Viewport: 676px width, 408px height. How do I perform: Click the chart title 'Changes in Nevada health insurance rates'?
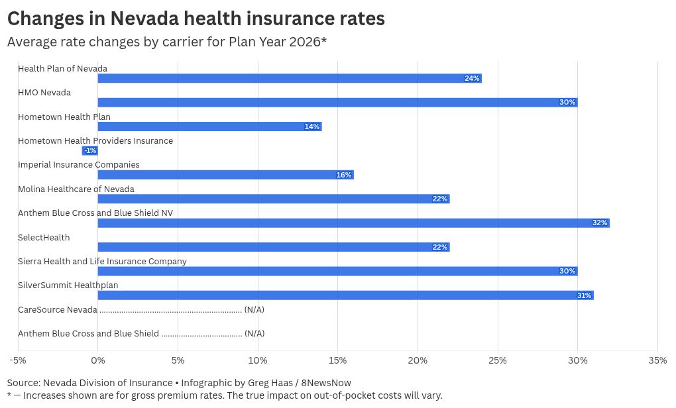click(x=196, y=18)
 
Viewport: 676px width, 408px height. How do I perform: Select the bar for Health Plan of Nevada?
click(x=289, y=78)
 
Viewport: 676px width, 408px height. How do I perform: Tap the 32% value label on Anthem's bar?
click(x=600, y=223)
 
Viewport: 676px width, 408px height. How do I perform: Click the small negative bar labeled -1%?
click(x=89, y=151)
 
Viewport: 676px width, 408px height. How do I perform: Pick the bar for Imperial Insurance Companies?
click(x=225, y=175)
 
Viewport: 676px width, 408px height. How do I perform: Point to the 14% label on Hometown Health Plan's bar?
click(x=312, y=127)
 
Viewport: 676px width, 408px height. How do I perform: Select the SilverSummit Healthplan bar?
click(x=345, y=295)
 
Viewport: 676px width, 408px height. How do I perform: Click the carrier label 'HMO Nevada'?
click(x=44, y=93)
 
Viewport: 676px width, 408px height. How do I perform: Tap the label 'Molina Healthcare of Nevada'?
click(x=76, y=189)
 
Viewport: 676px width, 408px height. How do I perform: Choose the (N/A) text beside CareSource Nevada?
click(x=254, y=310)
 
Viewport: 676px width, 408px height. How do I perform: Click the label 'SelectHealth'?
click(x=44, y=238)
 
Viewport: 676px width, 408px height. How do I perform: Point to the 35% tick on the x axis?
click(x=657, y=360)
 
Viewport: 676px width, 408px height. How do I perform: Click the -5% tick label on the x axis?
click(x=17, y=360)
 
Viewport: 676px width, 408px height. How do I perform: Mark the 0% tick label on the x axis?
click(x=97, y=360)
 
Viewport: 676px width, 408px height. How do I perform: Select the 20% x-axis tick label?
click(x=418, y=360)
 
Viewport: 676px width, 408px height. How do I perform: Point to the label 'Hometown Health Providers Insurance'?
click(x=95, y=141)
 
